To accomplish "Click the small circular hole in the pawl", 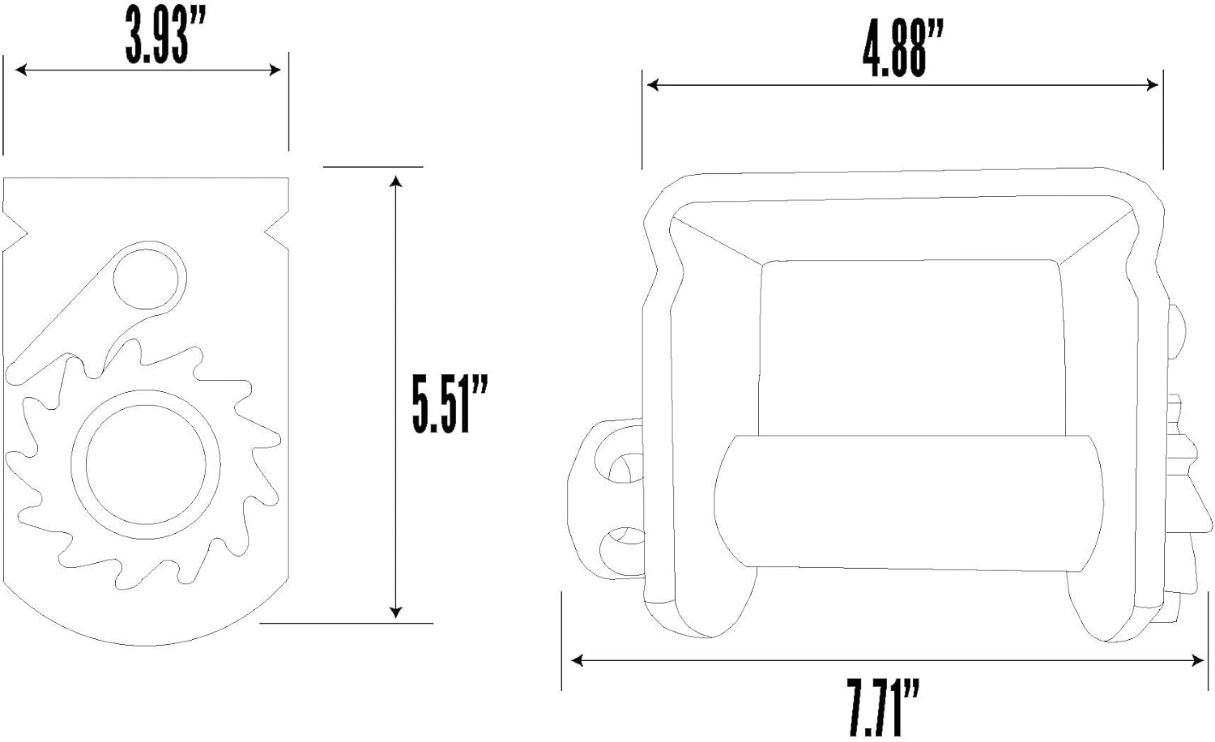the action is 145,279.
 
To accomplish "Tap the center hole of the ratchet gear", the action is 145,464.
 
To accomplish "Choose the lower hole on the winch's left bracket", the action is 623,551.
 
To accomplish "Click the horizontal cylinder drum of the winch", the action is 909,502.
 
